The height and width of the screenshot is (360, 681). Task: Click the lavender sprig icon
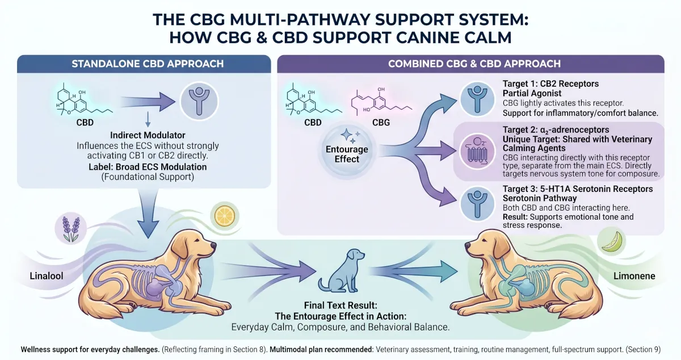pos(71,228)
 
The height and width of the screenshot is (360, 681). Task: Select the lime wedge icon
pos(612,242)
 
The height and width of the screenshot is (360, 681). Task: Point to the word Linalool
pos(47,276)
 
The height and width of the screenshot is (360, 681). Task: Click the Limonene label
pos(634,276)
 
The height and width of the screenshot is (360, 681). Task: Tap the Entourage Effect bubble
pos(347,150)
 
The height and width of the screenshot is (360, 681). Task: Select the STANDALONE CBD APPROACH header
pos(148,64)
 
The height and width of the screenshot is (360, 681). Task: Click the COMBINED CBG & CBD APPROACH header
pos(474,64)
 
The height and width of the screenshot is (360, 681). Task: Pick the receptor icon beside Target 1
pos(477,99)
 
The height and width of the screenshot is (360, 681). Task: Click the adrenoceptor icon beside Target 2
pos(477,152)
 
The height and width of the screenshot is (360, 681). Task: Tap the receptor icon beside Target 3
pos(477,204)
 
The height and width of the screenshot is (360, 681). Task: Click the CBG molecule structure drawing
pos(382,102)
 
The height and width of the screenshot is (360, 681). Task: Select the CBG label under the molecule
pos(381,122)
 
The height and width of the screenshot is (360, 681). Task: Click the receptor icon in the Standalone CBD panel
pos(199,101)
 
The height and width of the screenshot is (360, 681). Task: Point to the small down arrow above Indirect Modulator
pos(148,119)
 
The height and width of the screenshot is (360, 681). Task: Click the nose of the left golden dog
pos(213,245)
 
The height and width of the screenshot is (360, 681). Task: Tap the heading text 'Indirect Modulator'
pos(148,135)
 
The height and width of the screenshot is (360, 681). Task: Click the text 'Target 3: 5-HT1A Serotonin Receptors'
pos(578,189)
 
